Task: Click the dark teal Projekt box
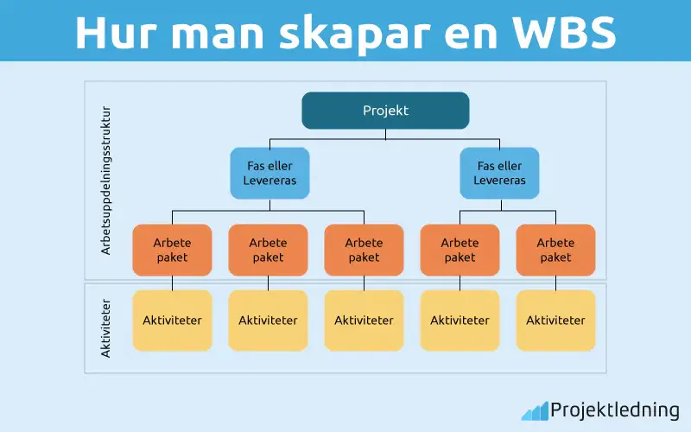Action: pos(385,111)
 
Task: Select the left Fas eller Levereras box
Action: pos(269,173)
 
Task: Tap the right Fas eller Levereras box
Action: pos(499,173)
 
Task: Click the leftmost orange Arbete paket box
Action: pos(172,250)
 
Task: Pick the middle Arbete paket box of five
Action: pos(364,250)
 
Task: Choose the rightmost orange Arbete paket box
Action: pos(555,250)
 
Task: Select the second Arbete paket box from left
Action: pos(268,250)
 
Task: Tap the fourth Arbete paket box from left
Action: pos(460,250)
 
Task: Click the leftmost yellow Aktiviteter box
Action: pos(172,320)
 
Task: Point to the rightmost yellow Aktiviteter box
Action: pos(555,320)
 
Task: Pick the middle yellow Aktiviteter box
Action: pos(364,320)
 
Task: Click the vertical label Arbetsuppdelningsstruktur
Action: pos(106,181)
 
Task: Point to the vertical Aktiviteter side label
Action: pos(106,328)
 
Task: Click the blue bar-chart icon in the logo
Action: pos(535,410)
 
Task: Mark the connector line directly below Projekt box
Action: pos(385,133)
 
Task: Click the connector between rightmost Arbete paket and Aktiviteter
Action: pos(555,283)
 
